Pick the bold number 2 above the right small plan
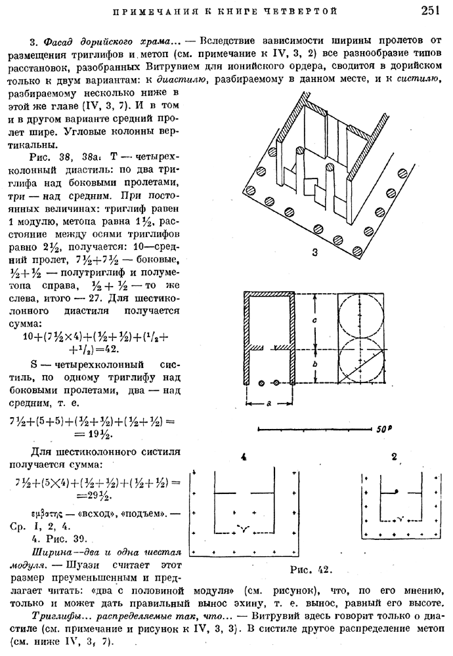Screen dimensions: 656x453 (x=393, y=457)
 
